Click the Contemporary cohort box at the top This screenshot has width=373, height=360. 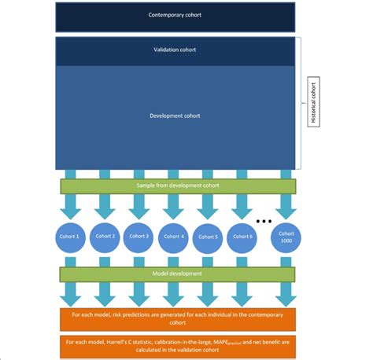click(175, 16)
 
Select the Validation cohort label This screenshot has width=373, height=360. click(175, 50)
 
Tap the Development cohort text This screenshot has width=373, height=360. click(175, 116)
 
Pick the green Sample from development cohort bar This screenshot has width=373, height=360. click(177, 186)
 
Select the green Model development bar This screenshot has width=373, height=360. click(177, 274)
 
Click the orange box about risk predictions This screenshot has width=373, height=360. click(177, 319)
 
